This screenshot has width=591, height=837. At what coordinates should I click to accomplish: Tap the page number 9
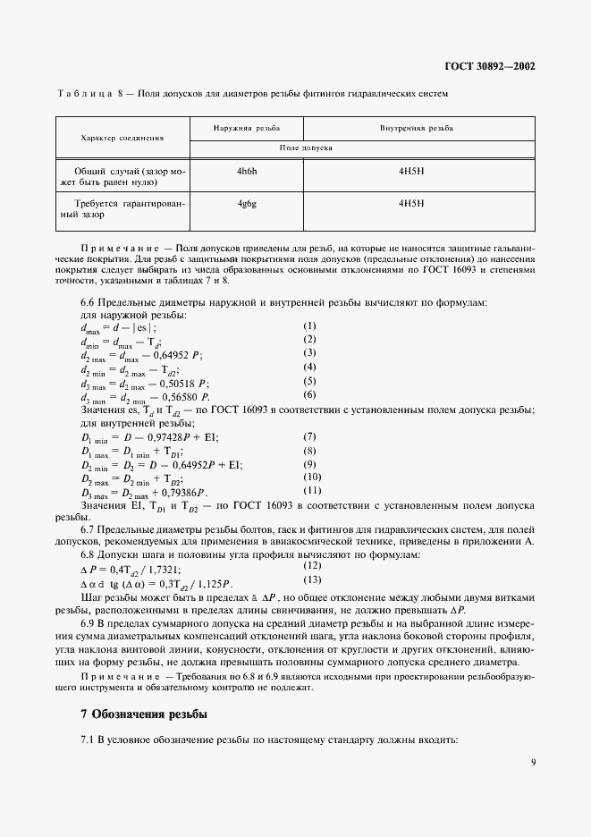(533, 763)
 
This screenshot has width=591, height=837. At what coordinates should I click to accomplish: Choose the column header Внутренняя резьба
(416, 129)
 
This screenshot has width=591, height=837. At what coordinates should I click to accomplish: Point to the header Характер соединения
(122, 139)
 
